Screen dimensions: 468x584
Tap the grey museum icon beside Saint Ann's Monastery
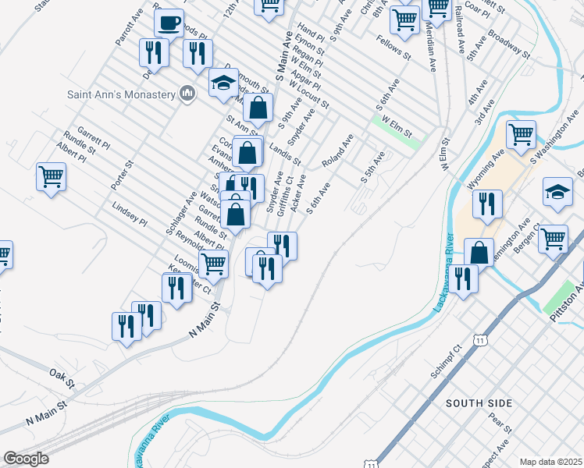click(187, 94)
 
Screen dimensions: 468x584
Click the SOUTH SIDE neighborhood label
click(479, 403)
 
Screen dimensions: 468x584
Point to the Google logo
click(27, 459)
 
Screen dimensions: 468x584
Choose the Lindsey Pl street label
click(130, 214)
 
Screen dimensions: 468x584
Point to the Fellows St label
click(393, 48)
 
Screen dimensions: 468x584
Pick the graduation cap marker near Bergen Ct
click(558, 192)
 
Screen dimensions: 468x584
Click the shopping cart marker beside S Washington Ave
click(521, 133)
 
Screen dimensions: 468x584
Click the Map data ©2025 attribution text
click(550, 462)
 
